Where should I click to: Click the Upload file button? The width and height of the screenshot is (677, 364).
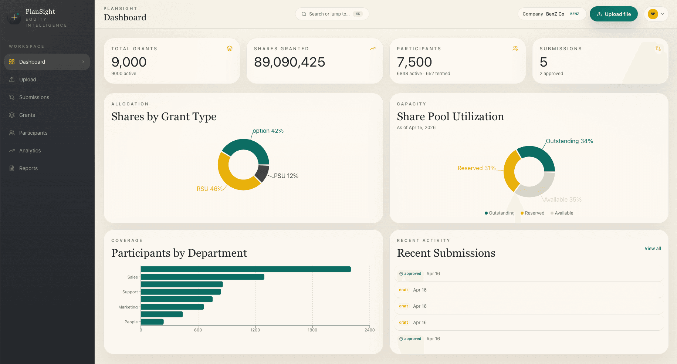pyautogui.click(x=613, y=14)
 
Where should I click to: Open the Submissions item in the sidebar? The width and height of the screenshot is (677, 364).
pyautogui.click(x=34, y=97)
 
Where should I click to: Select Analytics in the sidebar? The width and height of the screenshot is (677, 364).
pyautogui.click(x=30, y=151)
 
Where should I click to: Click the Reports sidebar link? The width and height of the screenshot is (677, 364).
pyautogui.click(x=28, y=168)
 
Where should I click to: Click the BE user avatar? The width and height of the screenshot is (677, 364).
pyautogui.click(x=653, y=14)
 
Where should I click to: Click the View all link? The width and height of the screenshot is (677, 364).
pyautogui.click(x=653, y=249)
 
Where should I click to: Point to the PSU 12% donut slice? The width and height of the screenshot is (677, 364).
pyautogui.click(x=262, y=173)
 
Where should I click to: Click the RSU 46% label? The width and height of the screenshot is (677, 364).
pyautogui.click(x=209, y=189)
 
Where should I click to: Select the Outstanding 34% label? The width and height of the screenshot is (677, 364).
pyautogui.click(x=569, y=141)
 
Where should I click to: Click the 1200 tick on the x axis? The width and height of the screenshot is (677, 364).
pyautogui.click(x=255, y=330)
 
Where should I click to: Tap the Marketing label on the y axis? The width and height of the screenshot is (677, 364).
pyautogui.click(x=128, y=307)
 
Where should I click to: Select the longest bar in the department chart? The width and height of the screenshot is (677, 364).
pyautogui.click(x=246, y=269)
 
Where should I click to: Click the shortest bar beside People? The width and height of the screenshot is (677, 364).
pyautogui.click(x=152, y=322)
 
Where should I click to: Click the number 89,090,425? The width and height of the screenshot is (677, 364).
pyautogui.click(x=290, y=62)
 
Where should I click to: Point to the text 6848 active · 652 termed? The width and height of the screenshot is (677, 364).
pyautogui.click(x=423, y=74)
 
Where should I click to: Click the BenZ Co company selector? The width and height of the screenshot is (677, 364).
pyautogui.click(x=551, y=14)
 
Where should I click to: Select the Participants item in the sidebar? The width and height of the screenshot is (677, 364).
pyautogui.click(x=33, y=133)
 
